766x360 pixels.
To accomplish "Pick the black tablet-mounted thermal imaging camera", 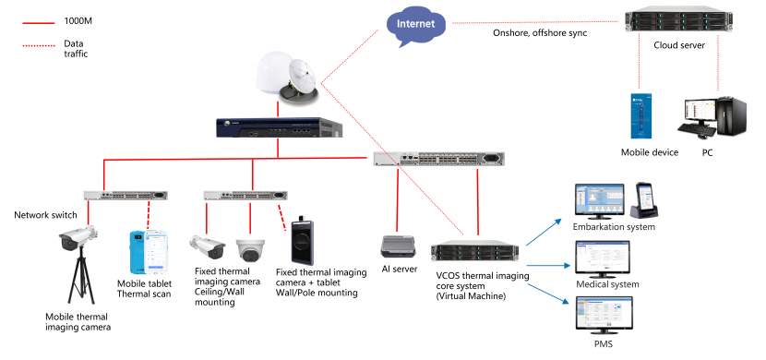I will point(302,243).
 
